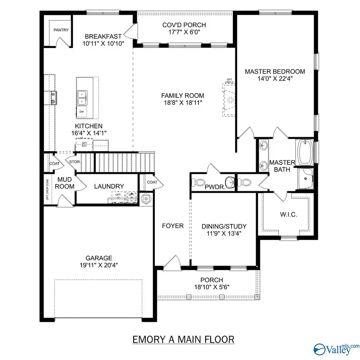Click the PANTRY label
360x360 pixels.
[x=61, y=30]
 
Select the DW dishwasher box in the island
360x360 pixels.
[x=82, y=112]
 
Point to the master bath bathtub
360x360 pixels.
[x=305, y=152]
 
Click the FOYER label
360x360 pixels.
[x=173, y=226]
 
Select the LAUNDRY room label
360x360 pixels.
[x=109, y=186]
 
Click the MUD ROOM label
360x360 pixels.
[x=64, y=183]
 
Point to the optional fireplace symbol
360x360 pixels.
[x=229, y=100]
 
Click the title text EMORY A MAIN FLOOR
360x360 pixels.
[x=183, y=340]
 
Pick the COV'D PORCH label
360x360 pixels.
[x=184, y=29]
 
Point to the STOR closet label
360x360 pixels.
[x=74, y=162]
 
